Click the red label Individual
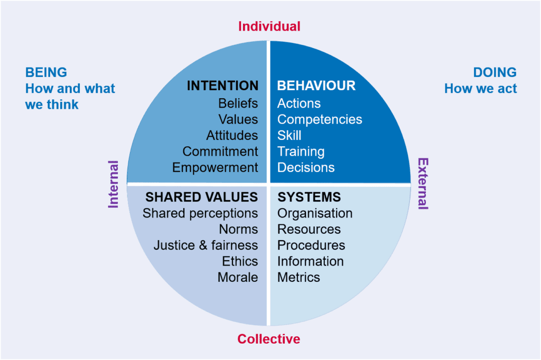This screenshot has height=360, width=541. pos(269,26)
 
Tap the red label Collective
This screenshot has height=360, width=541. pos(269,338)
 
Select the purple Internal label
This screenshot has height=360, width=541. pos(113,184)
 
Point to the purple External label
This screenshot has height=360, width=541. pos(423,184)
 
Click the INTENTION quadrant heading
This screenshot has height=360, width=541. pos(222,86)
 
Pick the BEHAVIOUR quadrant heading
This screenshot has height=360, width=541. pos(316,86)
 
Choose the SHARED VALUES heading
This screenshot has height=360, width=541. pos(201,197)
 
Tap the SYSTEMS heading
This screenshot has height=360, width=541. pos(309,197)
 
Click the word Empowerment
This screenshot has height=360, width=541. pos(215,167)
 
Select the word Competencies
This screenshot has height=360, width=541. pos(320,120)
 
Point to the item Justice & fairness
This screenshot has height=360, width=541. pos(206,245)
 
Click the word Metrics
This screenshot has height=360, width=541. pos(299,277)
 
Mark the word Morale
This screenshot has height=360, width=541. pos(238,277)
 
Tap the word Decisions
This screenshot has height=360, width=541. pos(306,167)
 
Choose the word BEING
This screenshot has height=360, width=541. pos(46,72)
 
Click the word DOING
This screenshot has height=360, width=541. pos(495,72)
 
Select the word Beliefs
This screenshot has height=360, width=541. pos(238,103)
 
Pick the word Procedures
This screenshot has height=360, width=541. pos(311,245)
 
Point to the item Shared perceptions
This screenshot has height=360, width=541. pos(200,213)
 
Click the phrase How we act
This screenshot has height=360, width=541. pos(481,89)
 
